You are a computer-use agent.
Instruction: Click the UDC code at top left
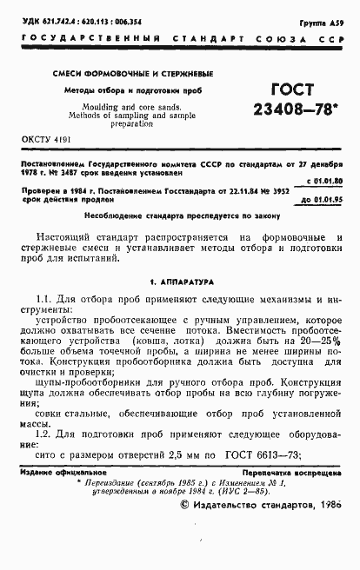point(78,17)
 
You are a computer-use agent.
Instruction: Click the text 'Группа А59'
point(319,17)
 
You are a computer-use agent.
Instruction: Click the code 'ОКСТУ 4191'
point(43,139)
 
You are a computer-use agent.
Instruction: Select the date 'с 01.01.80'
point(323,182)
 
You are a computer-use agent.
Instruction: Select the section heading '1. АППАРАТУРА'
point(180,282)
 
